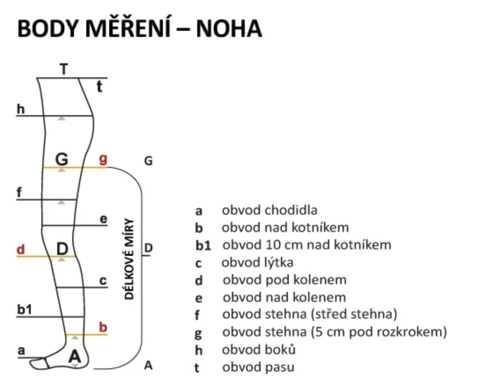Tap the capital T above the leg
click(x=64, y=69)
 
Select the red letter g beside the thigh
click(x=103, y=159)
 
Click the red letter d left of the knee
click(x=21, y=249)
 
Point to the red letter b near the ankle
click(x=103, y=327)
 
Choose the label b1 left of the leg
click(x=25, y=309)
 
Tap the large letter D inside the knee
click(x=62, y=249)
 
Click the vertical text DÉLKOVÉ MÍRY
click(x=129, y=259)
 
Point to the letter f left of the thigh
click(x=19, y=192)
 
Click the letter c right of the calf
click(x=103, y=280)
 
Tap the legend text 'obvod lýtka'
click(x=257, y=262)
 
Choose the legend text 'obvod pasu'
click(x=258, y=367)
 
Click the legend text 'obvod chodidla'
click(x=269, y=210)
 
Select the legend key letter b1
click(x=204, y=245)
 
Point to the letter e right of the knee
click(x=103, y=219)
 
